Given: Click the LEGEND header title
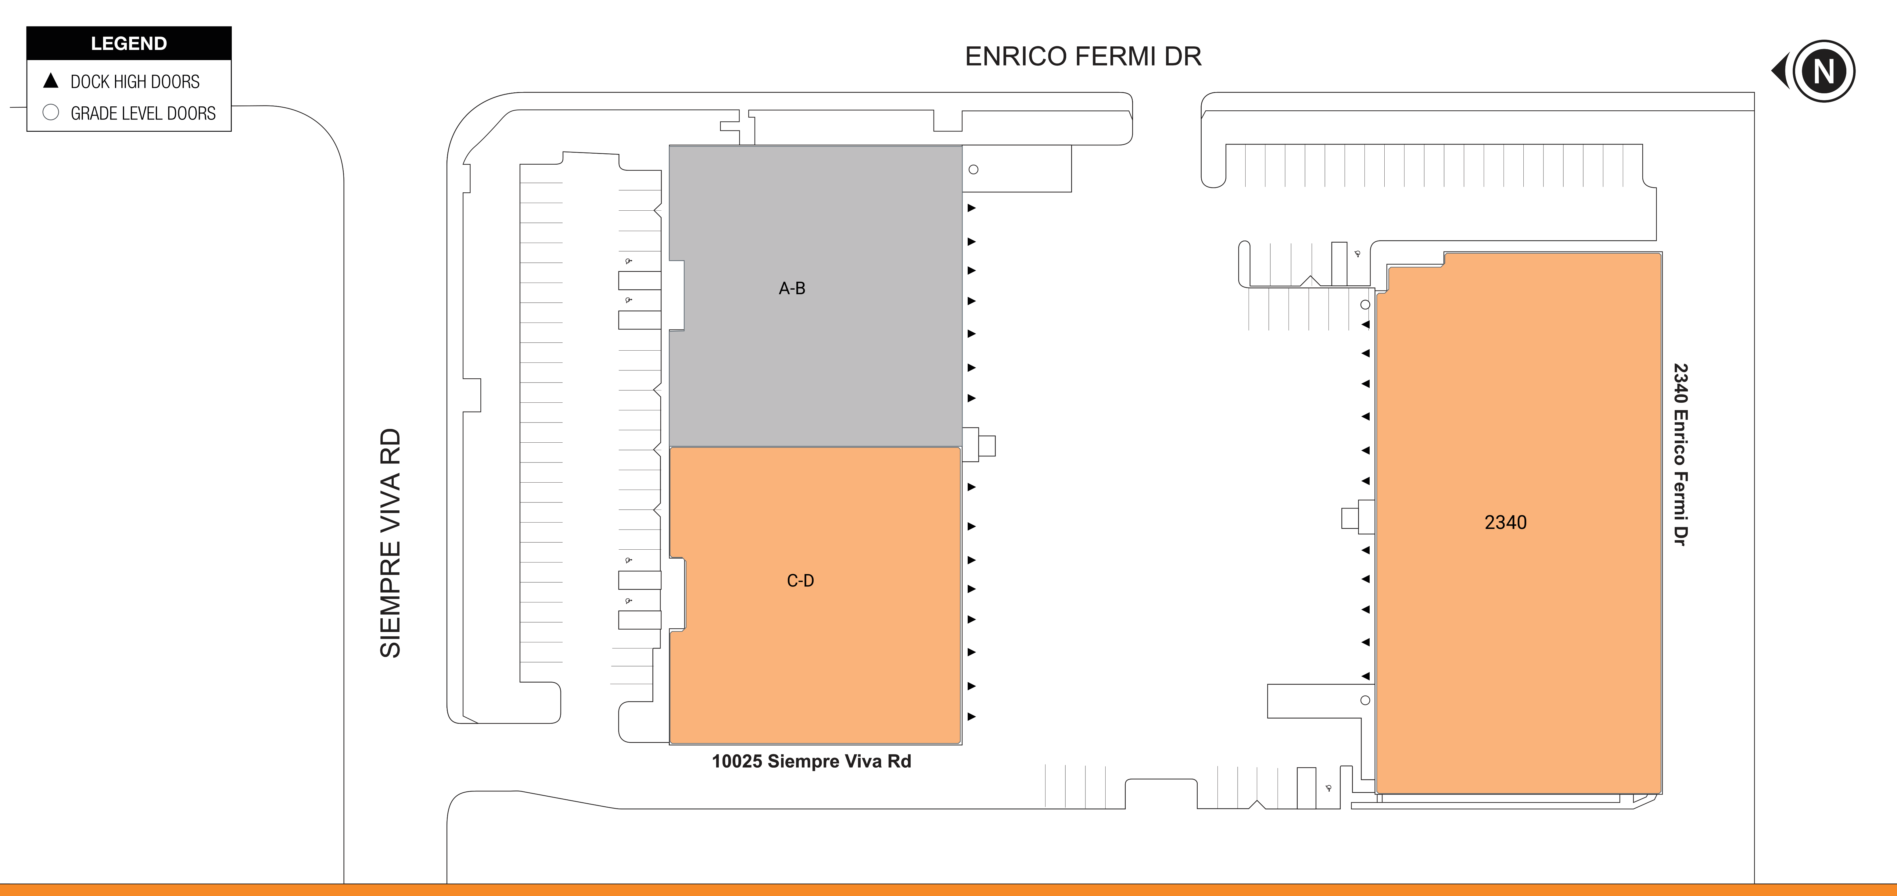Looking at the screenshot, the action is coord(129,43).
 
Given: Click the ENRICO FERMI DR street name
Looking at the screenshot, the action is coord(1083,57).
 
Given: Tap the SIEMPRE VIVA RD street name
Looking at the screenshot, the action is coord(390,543).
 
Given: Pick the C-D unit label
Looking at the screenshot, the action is coord(801,581).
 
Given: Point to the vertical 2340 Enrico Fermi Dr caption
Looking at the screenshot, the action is coord(1680,454).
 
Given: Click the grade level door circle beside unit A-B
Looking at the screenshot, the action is coord(974,169).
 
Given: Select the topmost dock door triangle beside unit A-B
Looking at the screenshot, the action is coord(971,208).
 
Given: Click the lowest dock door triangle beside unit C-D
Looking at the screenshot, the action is coord(971,716).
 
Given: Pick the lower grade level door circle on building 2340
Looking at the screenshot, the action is coord(1365,700).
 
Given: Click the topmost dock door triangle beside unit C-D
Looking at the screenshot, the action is coord(971,487).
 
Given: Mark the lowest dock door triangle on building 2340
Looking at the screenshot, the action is coord(1365,676).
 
